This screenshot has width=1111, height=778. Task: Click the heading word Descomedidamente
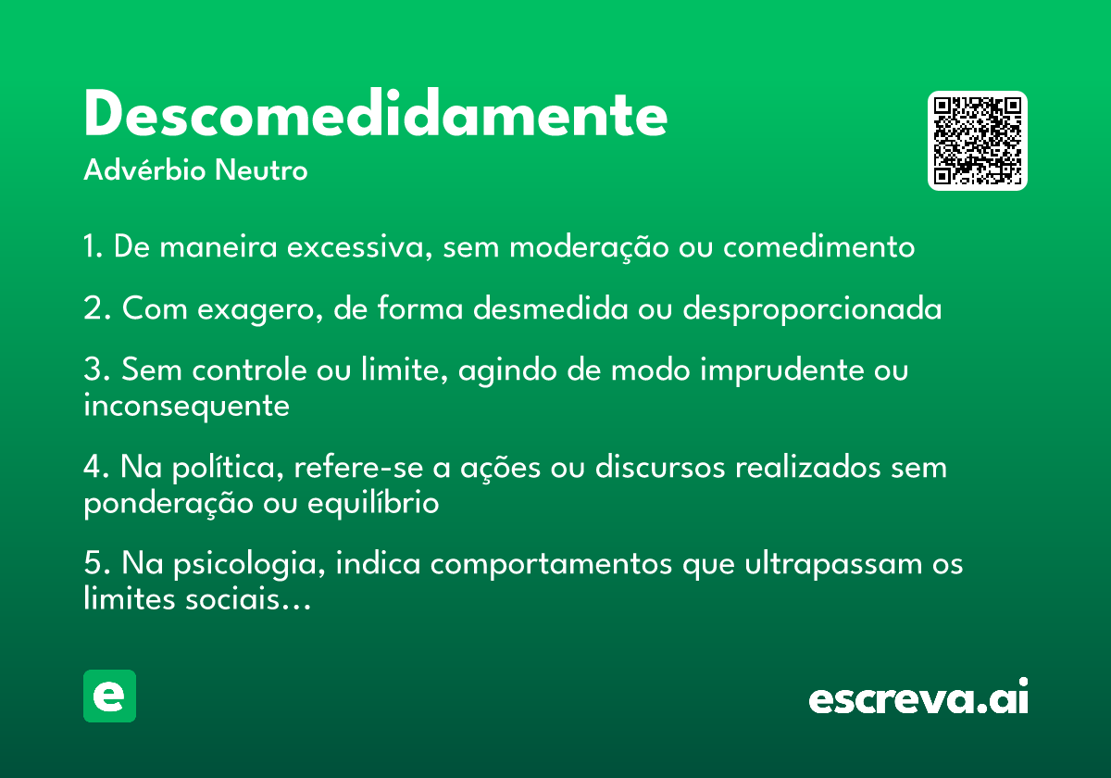[x=376, y=113]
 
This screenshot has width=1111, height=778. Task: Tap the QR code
[x=977, y=141]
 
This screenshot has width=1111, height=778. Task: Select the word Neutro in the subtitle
[x=261, y=170]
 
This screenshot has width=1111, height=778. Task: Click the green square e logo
[x=109, y=696]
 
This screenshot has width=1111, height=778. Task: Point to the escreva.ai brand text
[x=918, y=696]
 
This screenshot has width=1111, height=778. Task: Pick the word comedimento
[x=818, y=246]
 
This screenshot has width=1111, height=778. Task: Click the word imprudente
[x=781, y=370]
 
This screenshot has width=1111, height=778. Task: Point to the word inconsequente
[x=186, y=407]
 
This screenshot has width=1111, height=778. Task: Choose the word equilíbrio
[x=373, y=503]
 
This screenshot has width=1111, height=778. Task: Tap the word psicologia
[x=249, y=565]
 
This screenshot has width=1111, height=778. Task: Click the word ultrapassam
[x=833, y=565]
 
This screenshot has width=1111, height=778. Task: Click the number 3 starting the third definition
[x=94, y=370]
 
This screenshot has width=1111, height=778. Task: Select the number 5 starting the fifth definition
[x=94, y=563]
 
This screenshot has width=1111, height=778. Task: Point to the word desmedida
[x=551, y=308]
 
